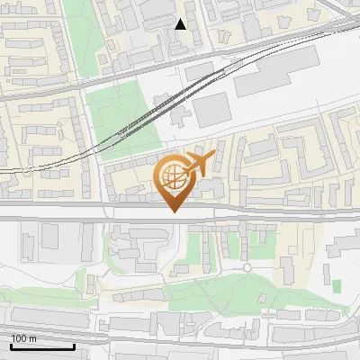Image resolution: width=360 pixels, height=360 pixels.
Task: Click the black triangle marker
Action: point(181,24)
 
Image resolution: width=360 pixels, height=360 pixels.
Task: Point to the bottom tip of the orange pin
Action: point(174,212)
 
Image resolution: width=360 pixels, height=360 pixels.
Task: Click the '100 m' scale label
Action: point(23,338)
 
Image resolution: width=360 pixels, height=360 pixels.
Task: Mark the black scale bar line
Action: point(42,346)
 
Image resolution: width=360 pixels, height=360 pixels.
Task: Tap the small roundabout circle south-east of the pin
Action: point(247,267)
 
